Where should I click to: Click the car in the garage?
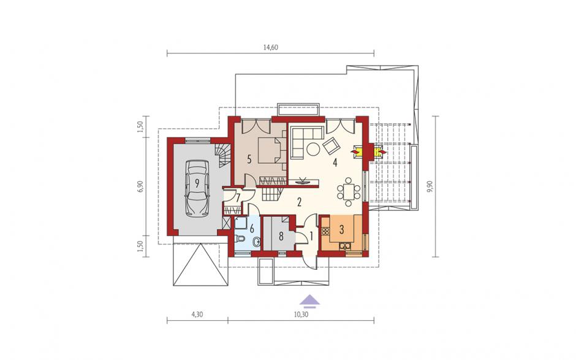(197, 188)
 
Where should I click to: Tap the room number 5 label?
(249, 159)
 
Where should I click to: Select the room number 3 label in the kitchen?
(341, 230)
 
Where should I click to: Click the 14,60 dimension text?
(270, 47)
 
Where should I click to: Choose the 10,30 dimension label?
(301, 314)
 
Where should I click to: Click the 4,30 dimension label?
(197, 314)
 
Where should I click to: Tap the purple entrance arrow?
(309, 300)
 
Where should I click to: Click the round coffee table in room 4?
(313, 149)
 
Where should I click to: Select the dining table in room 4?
(347, 191)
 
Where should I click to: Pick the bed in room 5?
(270, 150)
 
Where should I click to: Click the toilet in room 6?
(240, 239)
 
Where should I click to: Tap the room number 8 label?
(281, 236)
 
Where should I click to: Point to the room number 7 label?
(238, 198)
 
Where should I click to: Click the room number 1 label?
(311, 236)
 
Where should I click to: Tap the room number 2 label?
(300, 202)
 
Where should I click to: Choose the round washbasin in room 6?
(257, 242)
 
